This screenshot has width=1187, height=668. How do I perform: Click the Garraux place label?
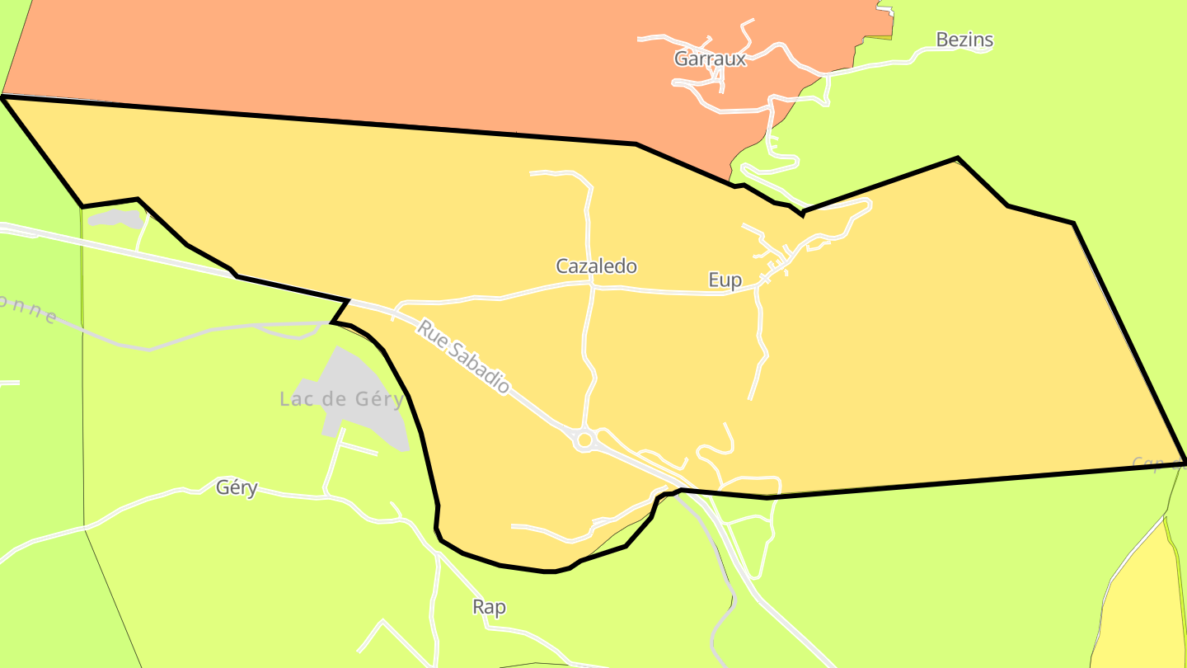[710, 59]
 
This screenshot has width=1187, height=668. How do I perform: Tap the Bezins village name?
[964, 40]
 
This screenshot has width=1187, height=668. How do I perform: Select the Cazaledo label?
[596, 266]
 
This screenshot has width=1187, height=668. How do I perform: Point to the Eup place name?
[725, 280]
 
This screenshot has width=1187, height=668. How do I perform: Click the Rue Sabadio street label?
[463, 356]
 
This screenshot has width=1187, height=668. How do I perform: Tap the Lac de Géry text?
[341, 400]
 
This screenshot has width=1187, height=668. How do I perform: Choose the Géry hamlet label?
[237, 487]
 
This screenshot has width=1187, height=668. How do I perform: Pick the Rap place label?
[489, 608]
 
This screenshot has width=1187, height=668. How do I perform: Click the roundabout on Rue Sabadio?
[584, 440]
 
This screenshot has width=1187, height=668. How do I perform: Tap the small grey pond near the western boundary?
[115, 219]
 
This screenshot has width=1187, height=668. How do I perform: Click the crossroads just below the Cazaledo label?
[592, 286]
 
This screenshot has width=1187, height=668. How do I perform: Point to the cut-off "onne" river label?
[29, 308]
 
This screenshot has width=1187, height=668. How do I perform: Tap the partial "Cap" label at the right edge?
[1154, 464]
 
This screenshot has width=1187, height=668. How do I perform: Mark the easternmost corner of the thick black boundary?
[1185, 460]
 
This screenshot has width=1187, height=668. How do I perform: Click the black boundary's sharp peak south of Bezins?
[957, 158]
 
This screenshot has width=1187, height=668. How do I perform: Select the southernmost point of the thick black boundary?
[548, 571]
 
